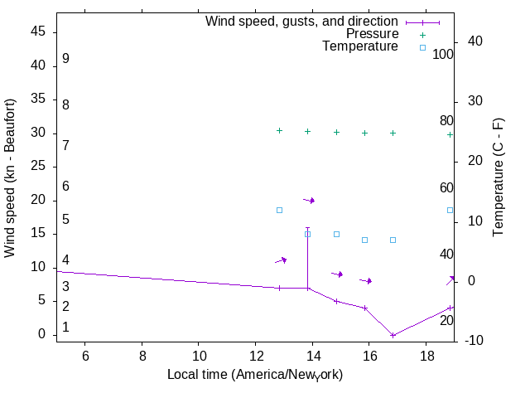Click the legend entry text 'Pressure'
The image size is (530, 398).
pos(372,34)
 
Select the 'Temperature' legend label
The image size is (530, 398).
pos(360,46)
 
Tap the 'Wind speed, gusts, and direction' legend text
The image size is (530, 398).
pos(302,22)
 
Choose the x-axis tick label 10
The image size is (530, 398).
pos(199,356)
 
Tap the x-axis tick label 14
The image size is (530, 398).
pos(312,356)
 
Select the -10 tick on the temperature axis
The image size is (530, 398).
pos(481,341)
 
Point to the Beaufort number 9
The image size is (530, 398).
pos(65,60)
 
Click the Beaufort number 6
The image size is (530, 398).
pos(65,187)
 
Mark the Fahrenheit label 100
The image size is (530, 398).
pos(444,55)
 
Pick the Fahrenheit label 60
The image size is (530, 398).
pos(446,188)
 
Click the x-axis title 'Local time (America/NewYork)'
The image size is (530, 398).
pos(255,375)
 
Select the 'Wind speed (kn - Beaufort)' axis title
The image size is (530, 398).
pos(11,178)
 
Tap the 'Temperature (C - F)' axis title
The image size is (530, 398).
pos(499,176)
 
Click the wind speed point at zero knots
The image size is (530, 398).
pos(393,335)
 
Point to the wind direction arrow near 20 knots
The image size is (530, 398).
pos(310,200)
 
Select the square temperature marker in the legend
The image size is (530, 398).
pos(422,47)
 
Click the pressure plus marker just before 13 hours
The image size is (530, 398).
pos(279,131)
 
